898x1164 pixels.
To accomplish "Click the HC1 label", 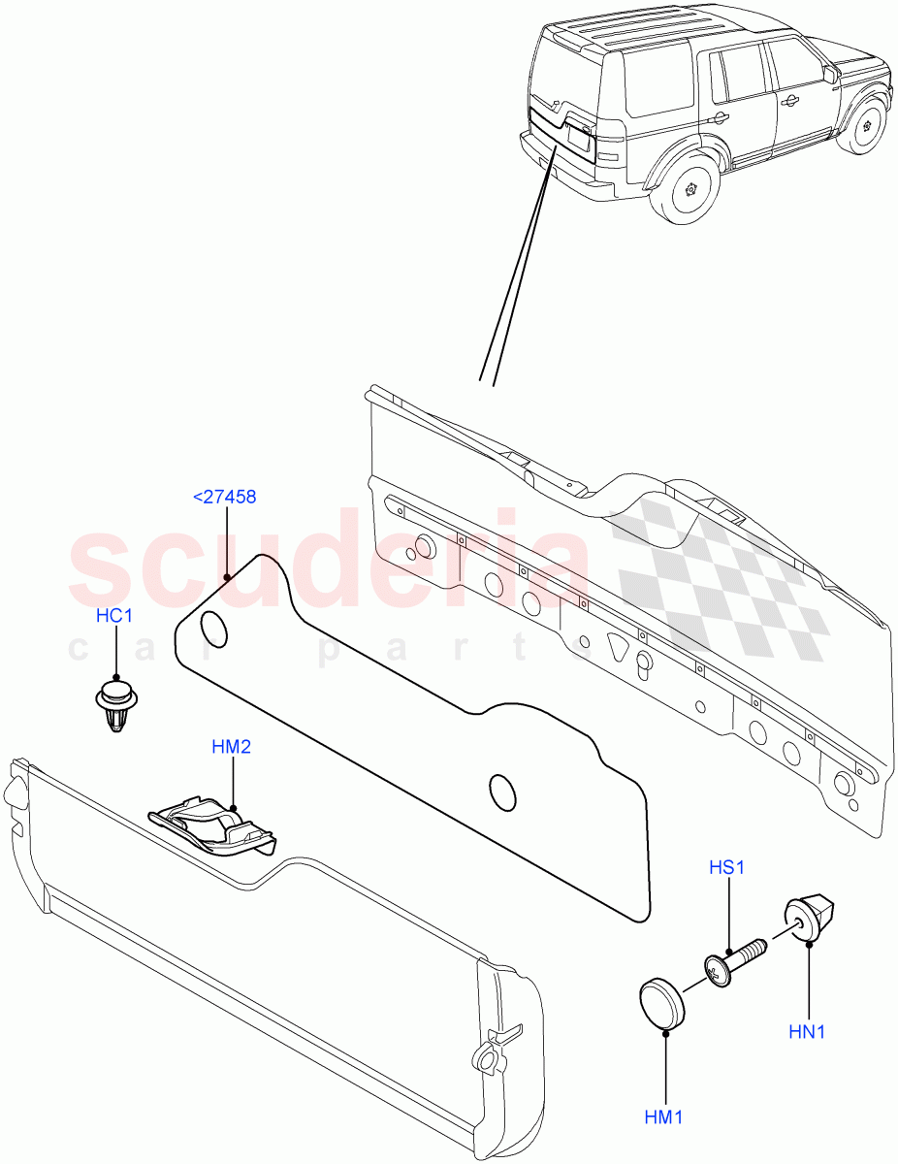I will [x=113, y=617].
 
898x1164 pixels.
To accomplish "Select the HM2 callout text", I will [x=233, y=747].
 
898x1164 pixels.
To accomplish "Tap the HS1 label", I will [x=725, y=868].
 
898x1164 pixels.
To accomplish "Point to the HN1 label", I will [x=807, y=1032].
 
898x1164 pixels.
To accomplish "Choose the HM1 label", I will [x=664, y=1117].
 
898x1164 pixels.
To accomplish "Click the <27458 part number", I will [x=225, y=497].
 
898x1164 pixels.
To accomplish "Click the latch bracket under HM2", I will [x=212, y=826].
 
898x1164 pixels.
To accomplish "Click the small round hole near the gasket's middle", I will [x=502, y=792].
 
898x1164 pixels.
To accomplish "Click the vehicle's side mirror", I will [x=831, y=75].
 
